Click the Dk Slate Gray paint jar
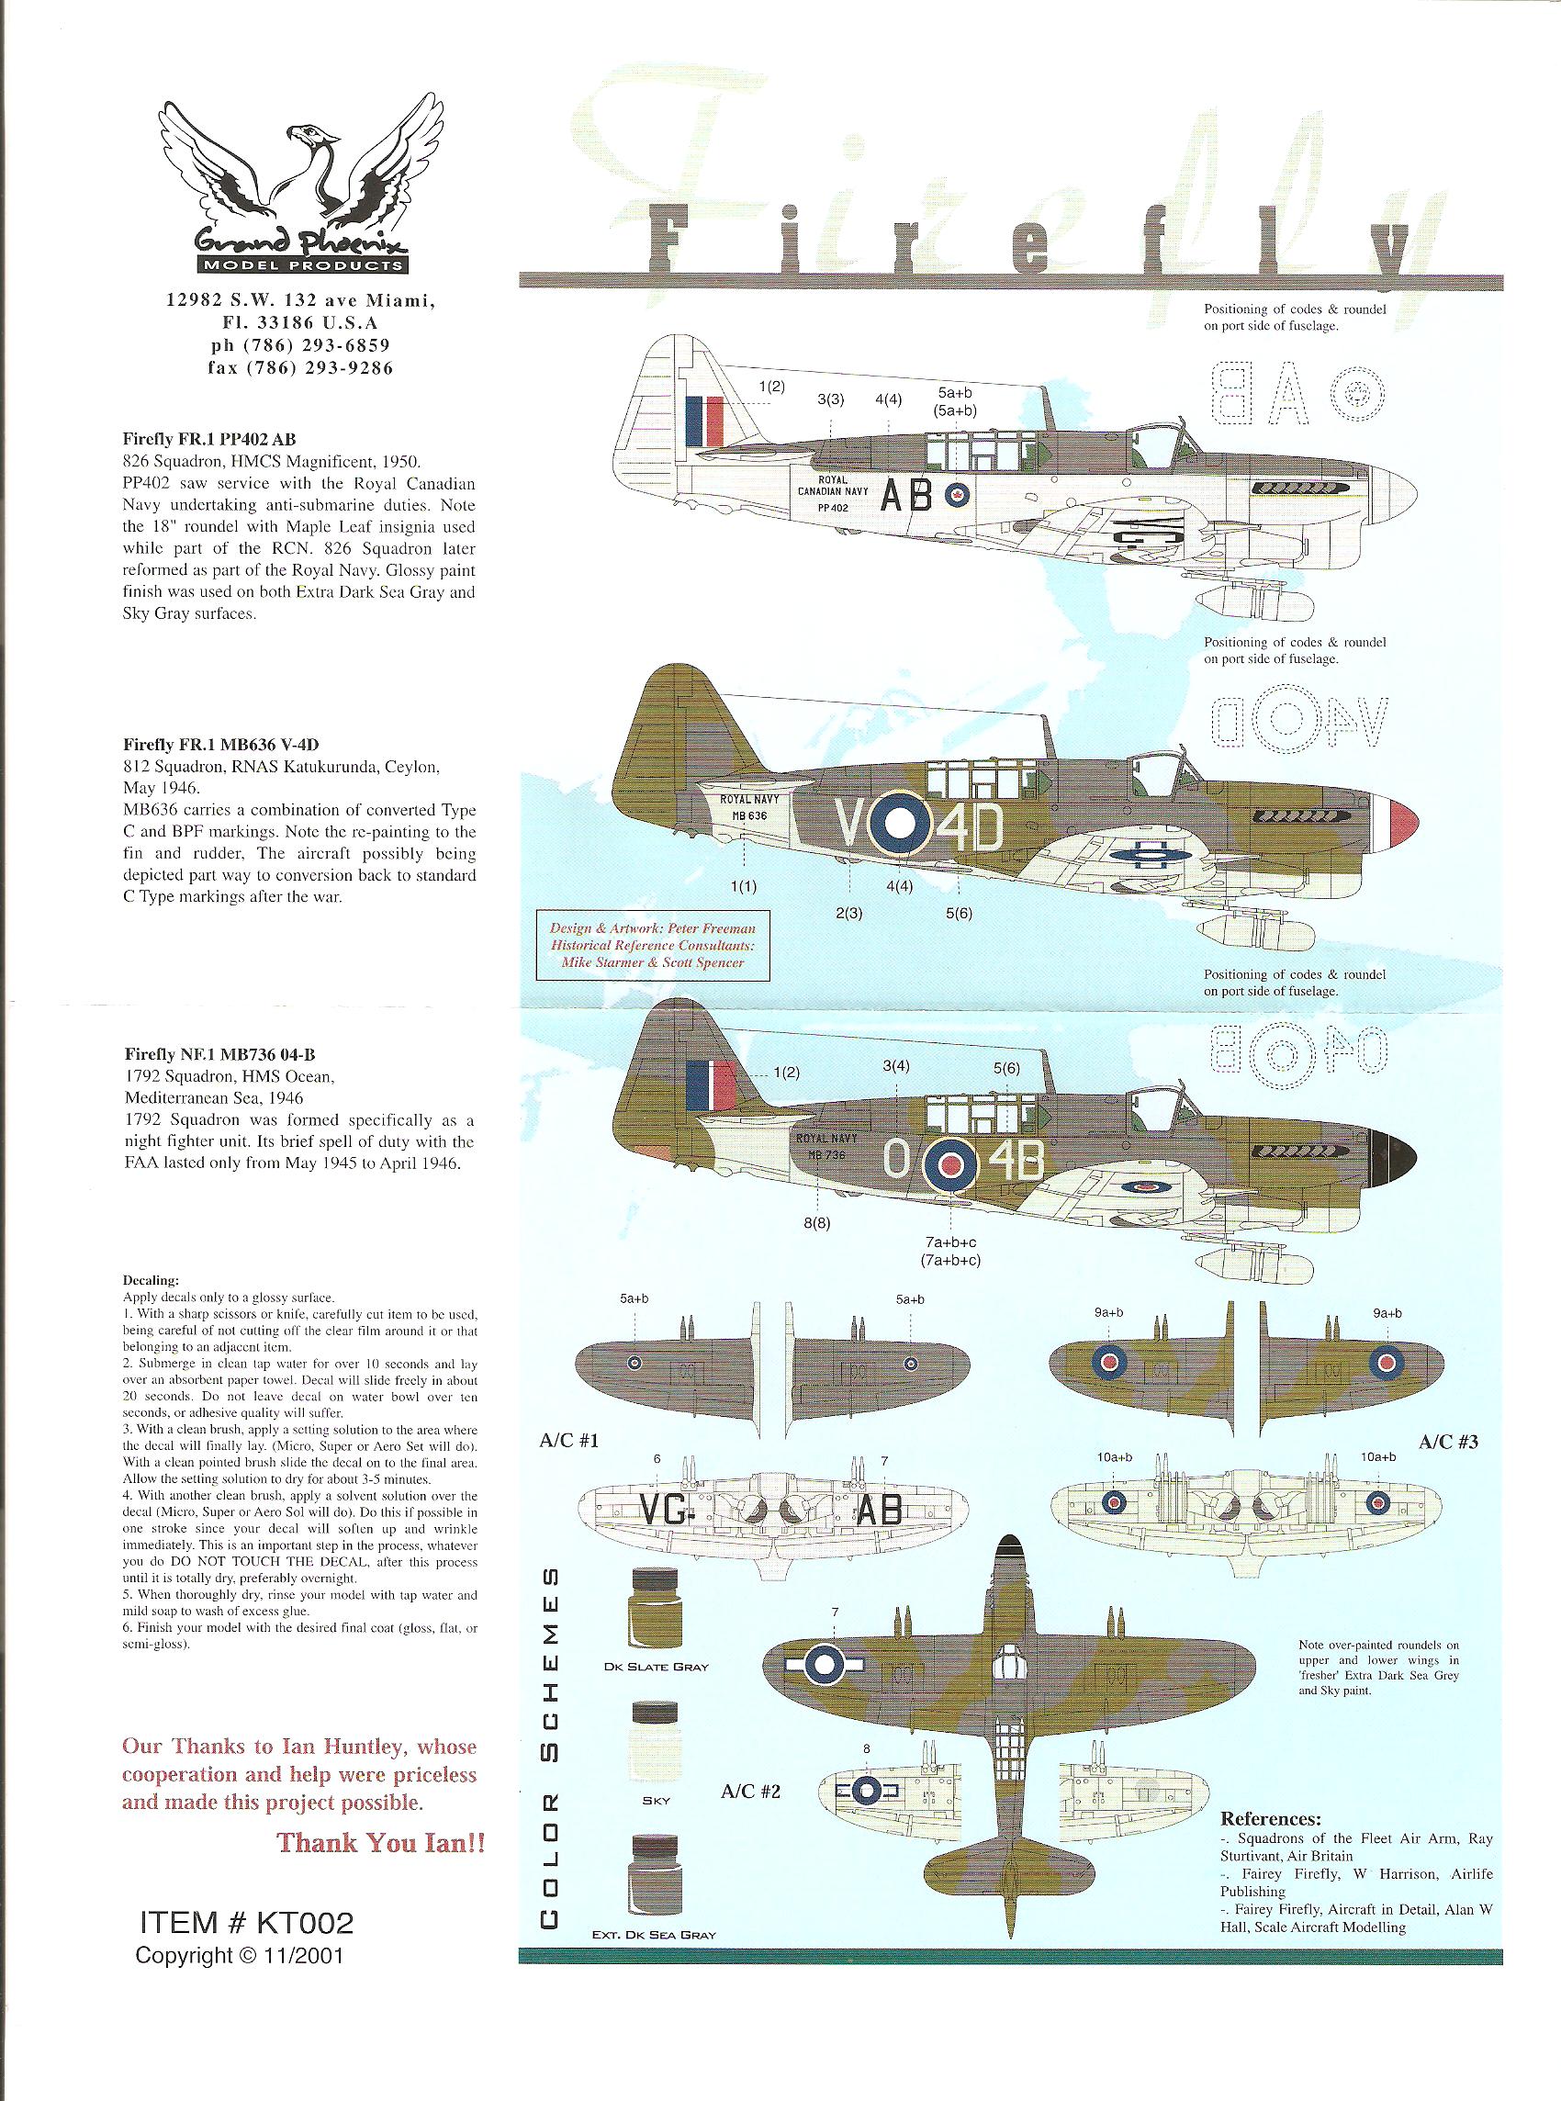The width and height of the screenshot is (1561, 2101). pos(654,1609)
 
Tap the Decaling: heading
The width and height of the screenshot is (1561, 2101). pos(152,1281)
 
